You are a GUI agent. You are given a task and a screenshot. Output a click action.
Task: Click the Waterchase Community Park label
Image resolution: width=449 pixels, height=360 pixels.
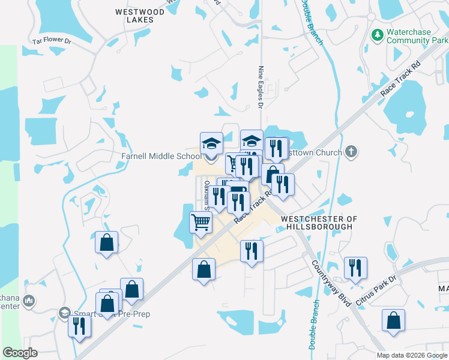click(414, 36)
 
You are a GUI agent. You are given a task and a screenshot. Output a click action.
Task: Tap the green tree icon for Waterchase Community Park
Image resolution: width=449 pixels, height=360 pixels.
click(378, 35)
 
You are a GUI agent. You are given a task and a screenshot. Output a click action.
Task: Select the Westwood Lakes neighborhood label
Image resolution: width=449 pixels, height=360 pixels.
click(139, 16)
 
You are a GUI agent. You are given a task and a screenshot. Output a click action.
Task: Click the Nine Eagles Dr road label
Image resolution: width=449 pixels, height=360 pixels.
click(261, 88)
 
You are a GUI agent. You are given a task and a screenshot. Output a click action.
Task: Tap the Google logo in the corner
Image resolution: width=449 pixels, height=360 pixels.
click(20, 353)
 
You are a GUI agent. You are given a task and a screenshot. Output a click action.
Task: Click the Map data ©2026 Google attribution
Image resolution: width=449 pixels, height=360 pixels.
click(411, 355)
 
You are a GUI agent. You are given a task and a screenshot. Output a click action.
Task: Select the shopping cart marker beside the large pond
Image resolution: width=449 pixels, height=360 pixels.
click(201, 221)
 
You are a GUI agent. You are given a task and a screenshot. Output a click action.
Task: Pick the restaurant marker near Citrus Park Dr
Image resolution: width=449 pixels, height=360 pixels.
click(356, 267)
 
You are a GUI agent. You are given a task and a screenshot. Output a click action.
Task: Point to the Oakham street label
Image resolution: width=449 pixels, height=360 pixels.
click(206, 194)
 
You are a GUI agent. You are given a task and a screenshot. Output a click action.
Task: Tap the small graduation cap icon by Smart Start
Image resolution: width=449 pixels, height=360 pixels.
click(65, 313)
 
